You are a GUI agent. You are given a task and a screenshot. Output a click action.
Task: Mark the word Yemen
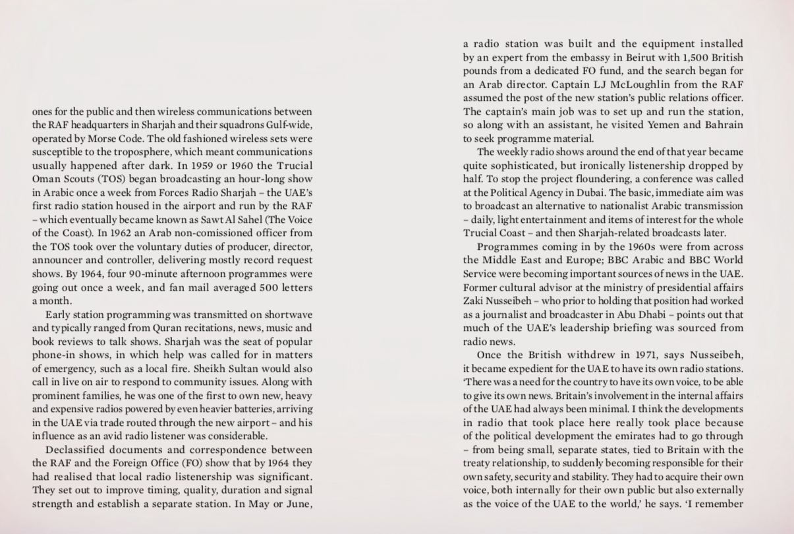point(664,125)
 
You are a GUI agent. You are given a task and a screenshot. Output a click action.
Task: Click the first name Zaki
point(474,301)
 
